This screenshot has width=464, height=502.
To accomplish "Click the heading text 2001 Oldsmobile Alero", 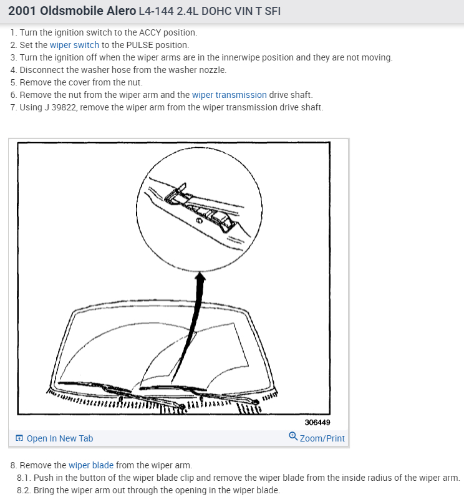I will [72, 12].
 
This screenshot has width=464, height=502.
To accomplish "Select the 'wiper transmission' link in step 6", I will [229, 95].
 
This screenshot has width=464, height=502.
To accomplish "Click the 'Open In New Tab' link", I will [60, 438].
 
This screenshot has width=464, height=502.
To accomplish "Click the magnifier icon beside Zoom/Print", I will [293, 438].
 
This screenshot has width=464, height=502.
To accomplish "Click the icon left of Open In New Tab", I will [19, 438].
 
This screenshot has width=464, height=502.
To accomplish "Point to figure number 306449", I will [317, 422].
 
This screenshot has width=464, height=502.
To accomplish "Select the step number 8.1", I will [24, 478].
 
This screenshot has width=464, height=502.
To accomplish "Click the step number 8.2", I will [24, 490].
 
